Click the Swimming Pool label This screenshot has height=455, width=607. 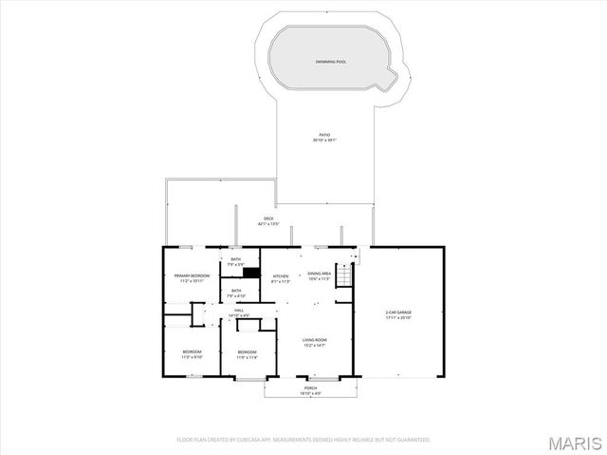pos(330,62)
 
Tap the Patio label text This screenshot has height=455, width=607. pos(325,135)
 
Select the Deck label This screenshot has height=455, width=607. pos(269,218)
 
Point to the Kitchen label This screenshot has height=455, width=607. pos(280,275)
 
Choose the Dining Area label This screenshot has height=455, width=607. pos(320,275)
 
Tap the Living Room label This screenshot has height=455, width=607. pos(315,340)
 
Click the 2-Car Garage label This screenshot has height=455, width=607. pos(398,313)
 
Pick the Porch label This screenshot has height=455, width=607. pos(310,388)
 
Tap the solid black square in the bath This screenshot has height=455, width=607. pos(250,274)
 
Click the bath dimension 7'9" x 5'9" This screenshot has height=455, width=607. pos(236,264)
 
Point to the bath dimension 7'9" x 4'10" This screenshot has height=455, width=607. pos(236,296)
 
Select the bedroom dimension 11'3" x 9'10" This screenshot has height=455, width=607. pos(193,357)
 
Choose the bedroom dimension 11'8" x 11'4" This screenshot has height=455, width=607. pos(248,357)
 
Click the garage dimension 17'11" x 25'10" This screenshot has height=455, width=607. pos(398,317)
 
